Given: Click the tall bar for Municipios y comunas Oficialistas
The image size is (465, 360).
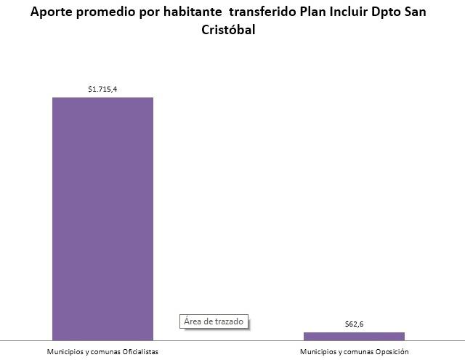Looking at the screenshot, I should (x=102, y=218).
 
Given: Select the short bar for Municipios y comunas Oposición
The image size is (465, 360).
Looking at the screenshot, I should (x=354, y=336).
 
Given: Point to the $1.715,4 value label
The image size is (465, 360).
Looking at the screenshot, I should (x=102, y=89).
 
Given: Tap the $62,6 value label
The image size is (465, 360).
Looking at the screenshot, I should (x=354, y=324).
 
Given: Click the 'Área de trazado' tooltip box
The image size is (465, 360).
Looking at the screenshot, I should (x=214, y=321).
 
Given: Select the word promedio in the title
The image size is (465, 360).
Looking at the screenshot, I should (x=105, y=13).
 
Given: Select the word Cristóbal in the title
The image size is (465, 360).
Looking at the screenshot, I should (x=227, y=31).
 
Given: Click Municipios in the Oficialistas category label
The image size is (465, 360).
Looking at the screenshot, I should (x=63, y=352).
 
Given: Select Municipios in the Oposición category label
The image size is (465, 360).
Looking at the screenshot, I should (x=317, y=352).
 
